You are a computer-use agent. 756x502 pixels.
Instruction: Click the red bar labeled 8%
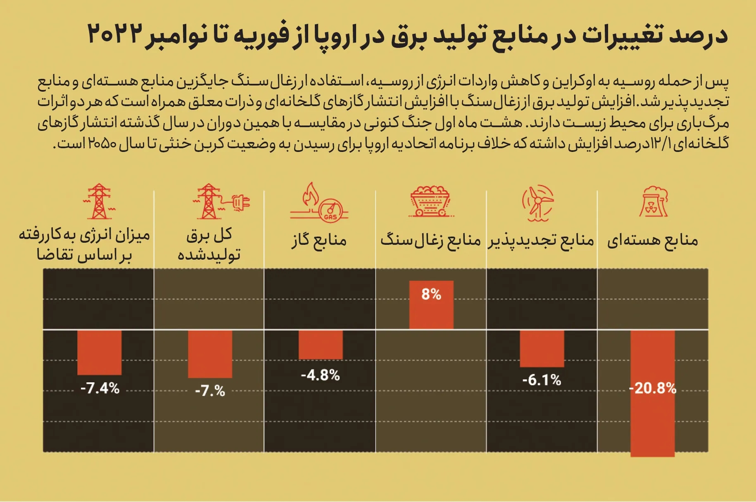pyautogui.click(x=431, y=305)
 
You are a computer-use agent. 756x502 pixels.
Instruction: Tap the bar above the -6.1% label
pyautogui.click(x=542, y=348)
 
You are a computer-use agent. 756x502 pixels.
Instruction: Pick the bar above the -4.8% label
pyautogui.click(x=321, y=344)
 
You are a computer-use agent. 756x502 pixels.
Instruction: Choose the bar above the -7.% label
pyautogui.click(x=210, y=354)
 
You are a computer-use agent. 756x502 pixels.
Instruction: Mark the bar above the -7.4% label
pyautogui.click(x=100, y=352)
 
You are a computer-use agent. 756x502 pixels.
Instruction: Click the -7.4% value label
pyautogui.click(x=100, y=388)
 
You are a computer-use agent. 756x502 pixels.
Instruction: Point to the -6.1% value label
pyautogui.click(x=542, y=380)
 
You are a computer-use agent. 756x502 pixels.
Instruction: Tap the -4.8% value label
pyautogui.click(x=321, y=375)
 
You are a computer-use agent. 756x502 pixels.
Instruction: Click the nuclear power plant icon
pyautogui.click(x=654, y=202)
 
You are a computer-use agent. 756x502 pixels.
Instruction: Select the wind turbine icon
pyautogui.click(x=538, y=202)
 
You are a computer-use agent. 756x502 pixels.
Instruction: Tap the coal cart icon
pyautogui.click(x=430, y=202)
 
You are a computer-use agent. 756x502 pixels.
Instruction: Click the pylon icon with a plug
pyautogui.click(x=221, y=202)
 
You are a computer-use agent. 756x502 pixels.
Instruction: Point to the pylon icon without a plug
pyautogui.click(x=99, y=202)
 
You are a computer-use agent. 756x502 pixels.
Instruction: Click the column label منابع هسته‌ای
pyautogui.click(x=652, y=240)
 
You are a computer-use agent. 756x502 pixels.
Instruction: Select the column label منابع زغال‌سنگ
pyautogui.click(x=430, y=240)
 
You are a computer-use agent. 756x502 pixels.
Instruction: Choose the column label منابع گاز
pyautogui.click(x=319, y=240)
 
